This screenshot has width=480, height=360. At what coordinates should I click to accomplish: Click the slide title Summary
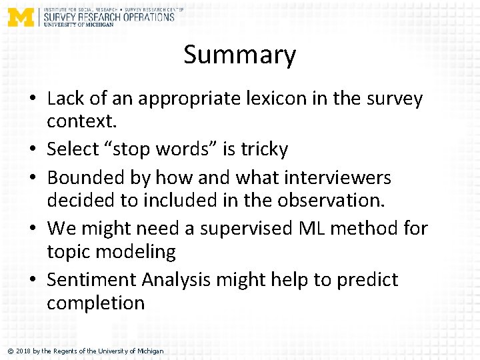pyautogui.click(x=239, y=55)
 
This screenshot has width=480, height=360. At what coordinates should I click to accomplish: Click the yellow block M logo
pyautogui.click(x=21, y=16)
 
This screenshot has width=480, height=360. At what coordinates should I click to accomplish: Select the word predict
pyautogui.click(x=367, y=279)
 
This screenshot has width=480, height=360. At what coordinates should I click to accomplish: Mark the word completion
pyautogui.click(x=95, y=303)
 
